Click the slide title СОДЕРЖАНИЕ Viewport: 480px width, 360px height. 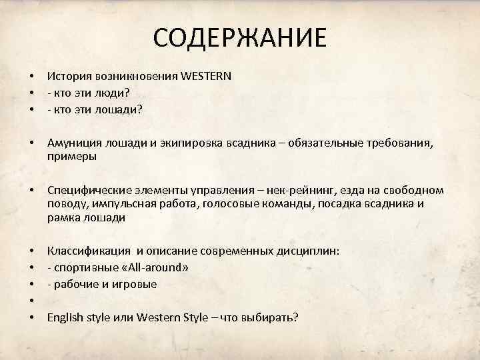(x=240, y=38)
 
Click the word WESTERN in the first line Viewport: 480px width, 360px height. (x=204, y=76)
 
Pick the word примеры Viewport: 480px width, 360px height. (x=71, y=157)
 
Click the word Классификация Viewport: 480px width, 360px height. (x=89, y=251)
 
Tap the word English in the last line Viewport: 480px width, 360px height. (x=65, y=317)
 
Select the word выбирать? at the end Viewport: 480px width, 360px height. (x=269, y=317)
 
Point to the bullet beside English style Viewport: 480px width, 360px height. (x=31, y=317)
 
